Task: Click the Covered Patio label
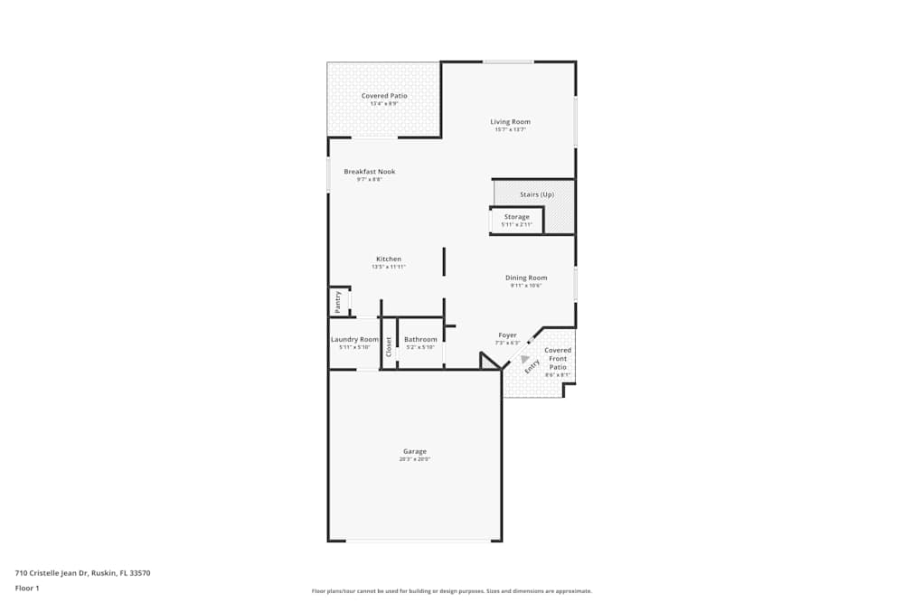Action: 384,96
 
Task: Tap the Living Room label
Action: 510,121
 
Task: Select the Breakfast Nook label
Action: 369,172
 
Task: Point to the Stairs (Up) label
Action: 537,194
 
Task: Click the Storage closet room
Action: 516,221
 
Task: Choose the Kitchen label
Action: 389,259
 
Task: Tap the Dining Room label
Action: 525,278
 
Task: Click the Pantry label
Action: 337,302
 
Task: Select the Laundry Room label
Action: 354,339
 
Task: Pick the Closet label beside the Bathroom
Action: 389,346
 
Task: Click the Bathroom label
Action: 420,339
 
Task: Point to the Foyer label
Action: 507,335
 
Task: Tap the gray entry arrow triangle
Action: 524,358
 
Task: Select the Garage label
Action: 415,451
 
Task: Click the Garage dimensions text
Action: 415,459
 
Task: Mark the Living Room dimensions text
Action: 510,129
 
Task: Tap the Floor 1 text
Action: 27,588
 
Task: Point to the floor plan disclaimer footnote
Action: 452,591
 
